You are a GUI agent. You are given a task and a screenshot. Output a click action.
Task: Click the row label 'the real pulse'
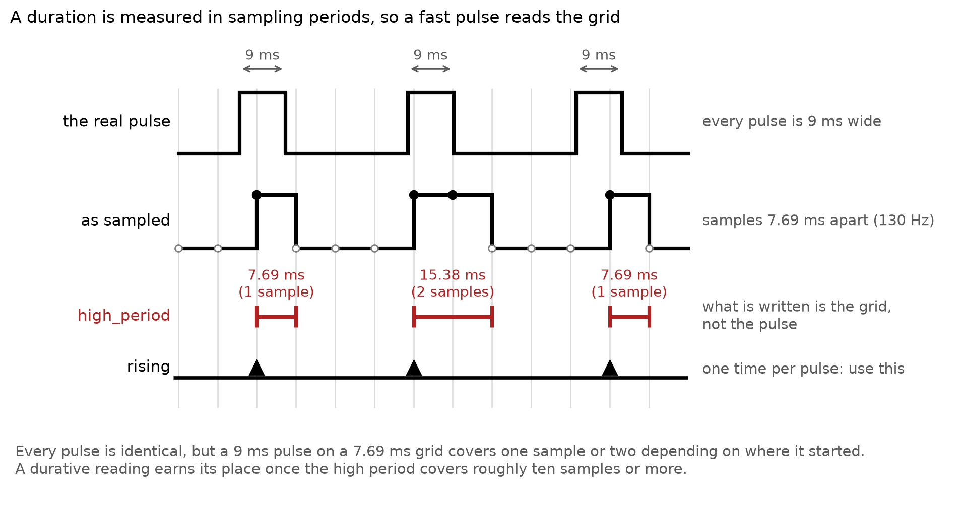(x=116, y=121)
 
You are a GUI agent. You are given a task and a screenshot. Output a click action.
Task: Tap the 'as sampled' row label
(x=125, y=221)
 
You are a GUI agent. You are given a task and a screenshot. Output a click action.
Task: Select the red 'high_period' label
(x=124, y=316)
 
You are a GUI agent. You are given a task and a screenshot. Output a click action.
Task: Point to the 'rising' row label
(x=148, y=366)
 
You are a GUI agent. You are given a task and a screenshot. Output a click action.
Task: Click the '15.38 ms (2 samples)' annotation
(x=453, y=283)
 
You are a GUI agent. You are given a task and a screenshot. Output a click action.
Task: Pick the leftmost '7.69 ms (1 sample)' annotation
(x=276, y=283)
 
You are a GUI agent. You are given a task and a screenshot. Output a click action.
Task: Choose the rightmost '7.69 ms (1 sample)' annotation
(x=629, y=283)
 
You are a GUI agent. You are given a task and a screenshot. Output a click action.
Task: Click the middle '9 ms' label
(x=430, y=55)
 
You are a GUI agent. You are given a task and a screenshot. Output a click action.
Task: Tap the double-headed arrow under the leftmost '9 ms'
(x=263, y=69)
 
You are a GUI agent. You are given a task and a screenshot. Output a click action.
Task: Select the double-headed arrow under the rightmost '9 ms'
(x=599, y=69)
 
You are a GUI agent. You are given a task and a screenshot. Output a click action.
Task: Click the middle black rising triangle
(x=414, y=368)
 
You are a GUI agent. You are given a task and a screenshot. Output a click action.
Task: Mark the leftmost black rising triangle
(x=256, y=368)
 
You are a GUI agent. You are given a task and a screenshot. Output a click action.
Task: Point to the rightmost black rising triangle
(x=610, y=368)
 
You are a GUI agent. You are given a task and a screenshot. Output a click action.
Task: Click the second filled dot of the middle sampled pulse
(x=453, y=195)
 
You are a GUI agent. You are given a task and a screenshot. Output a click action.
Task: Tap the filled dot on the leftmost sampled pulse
(x=256, y=195)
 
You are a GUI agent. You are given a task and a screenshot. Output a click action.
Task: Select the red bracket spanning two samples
(x=453, y=317)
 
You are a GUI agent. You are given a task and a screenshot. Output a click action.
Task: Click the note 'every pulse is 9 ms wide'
(x=792, y=121)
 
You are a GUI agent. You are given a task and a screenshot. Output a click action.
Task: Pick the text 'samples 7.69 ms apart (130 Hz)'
(x=818, y=221)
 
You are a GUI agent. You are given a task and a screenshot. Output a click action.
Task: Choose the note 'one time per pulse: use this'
(x=803, y=369)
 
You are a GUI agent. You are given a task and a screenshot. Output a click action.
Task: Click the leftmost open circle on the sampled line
(x=178, y=248)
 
